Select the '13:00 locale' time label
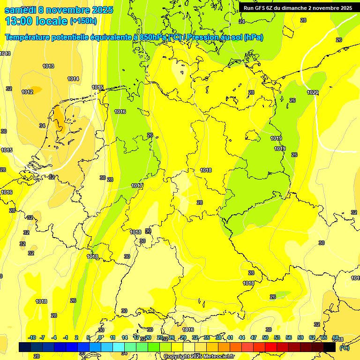click(36, 21)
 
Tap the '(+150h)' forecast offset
click(83, 21)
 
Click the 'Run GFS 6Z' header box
click(298, 8)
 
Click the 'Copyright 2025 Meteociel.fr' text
click(199, 357)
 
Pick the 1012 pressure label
click(27, 92)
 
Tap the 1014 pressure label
click(73, 79)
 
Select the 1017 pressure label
click(137, 186)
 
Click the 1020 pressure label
click(313, 92)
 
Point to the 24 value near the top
click(242, 22)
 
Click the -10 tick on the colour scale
click(32, 337)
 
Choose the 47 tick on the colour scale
click(254, 337)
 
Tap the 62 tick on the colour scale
click(312, 337)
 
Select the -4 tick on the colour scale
click(54, 337)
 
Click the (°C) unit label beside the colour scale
click(344, 348)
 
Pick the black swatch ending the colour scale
click(330, 347)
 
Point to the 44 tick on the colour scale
click(242, 337)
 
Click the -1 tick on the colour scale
click(66, 337)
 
